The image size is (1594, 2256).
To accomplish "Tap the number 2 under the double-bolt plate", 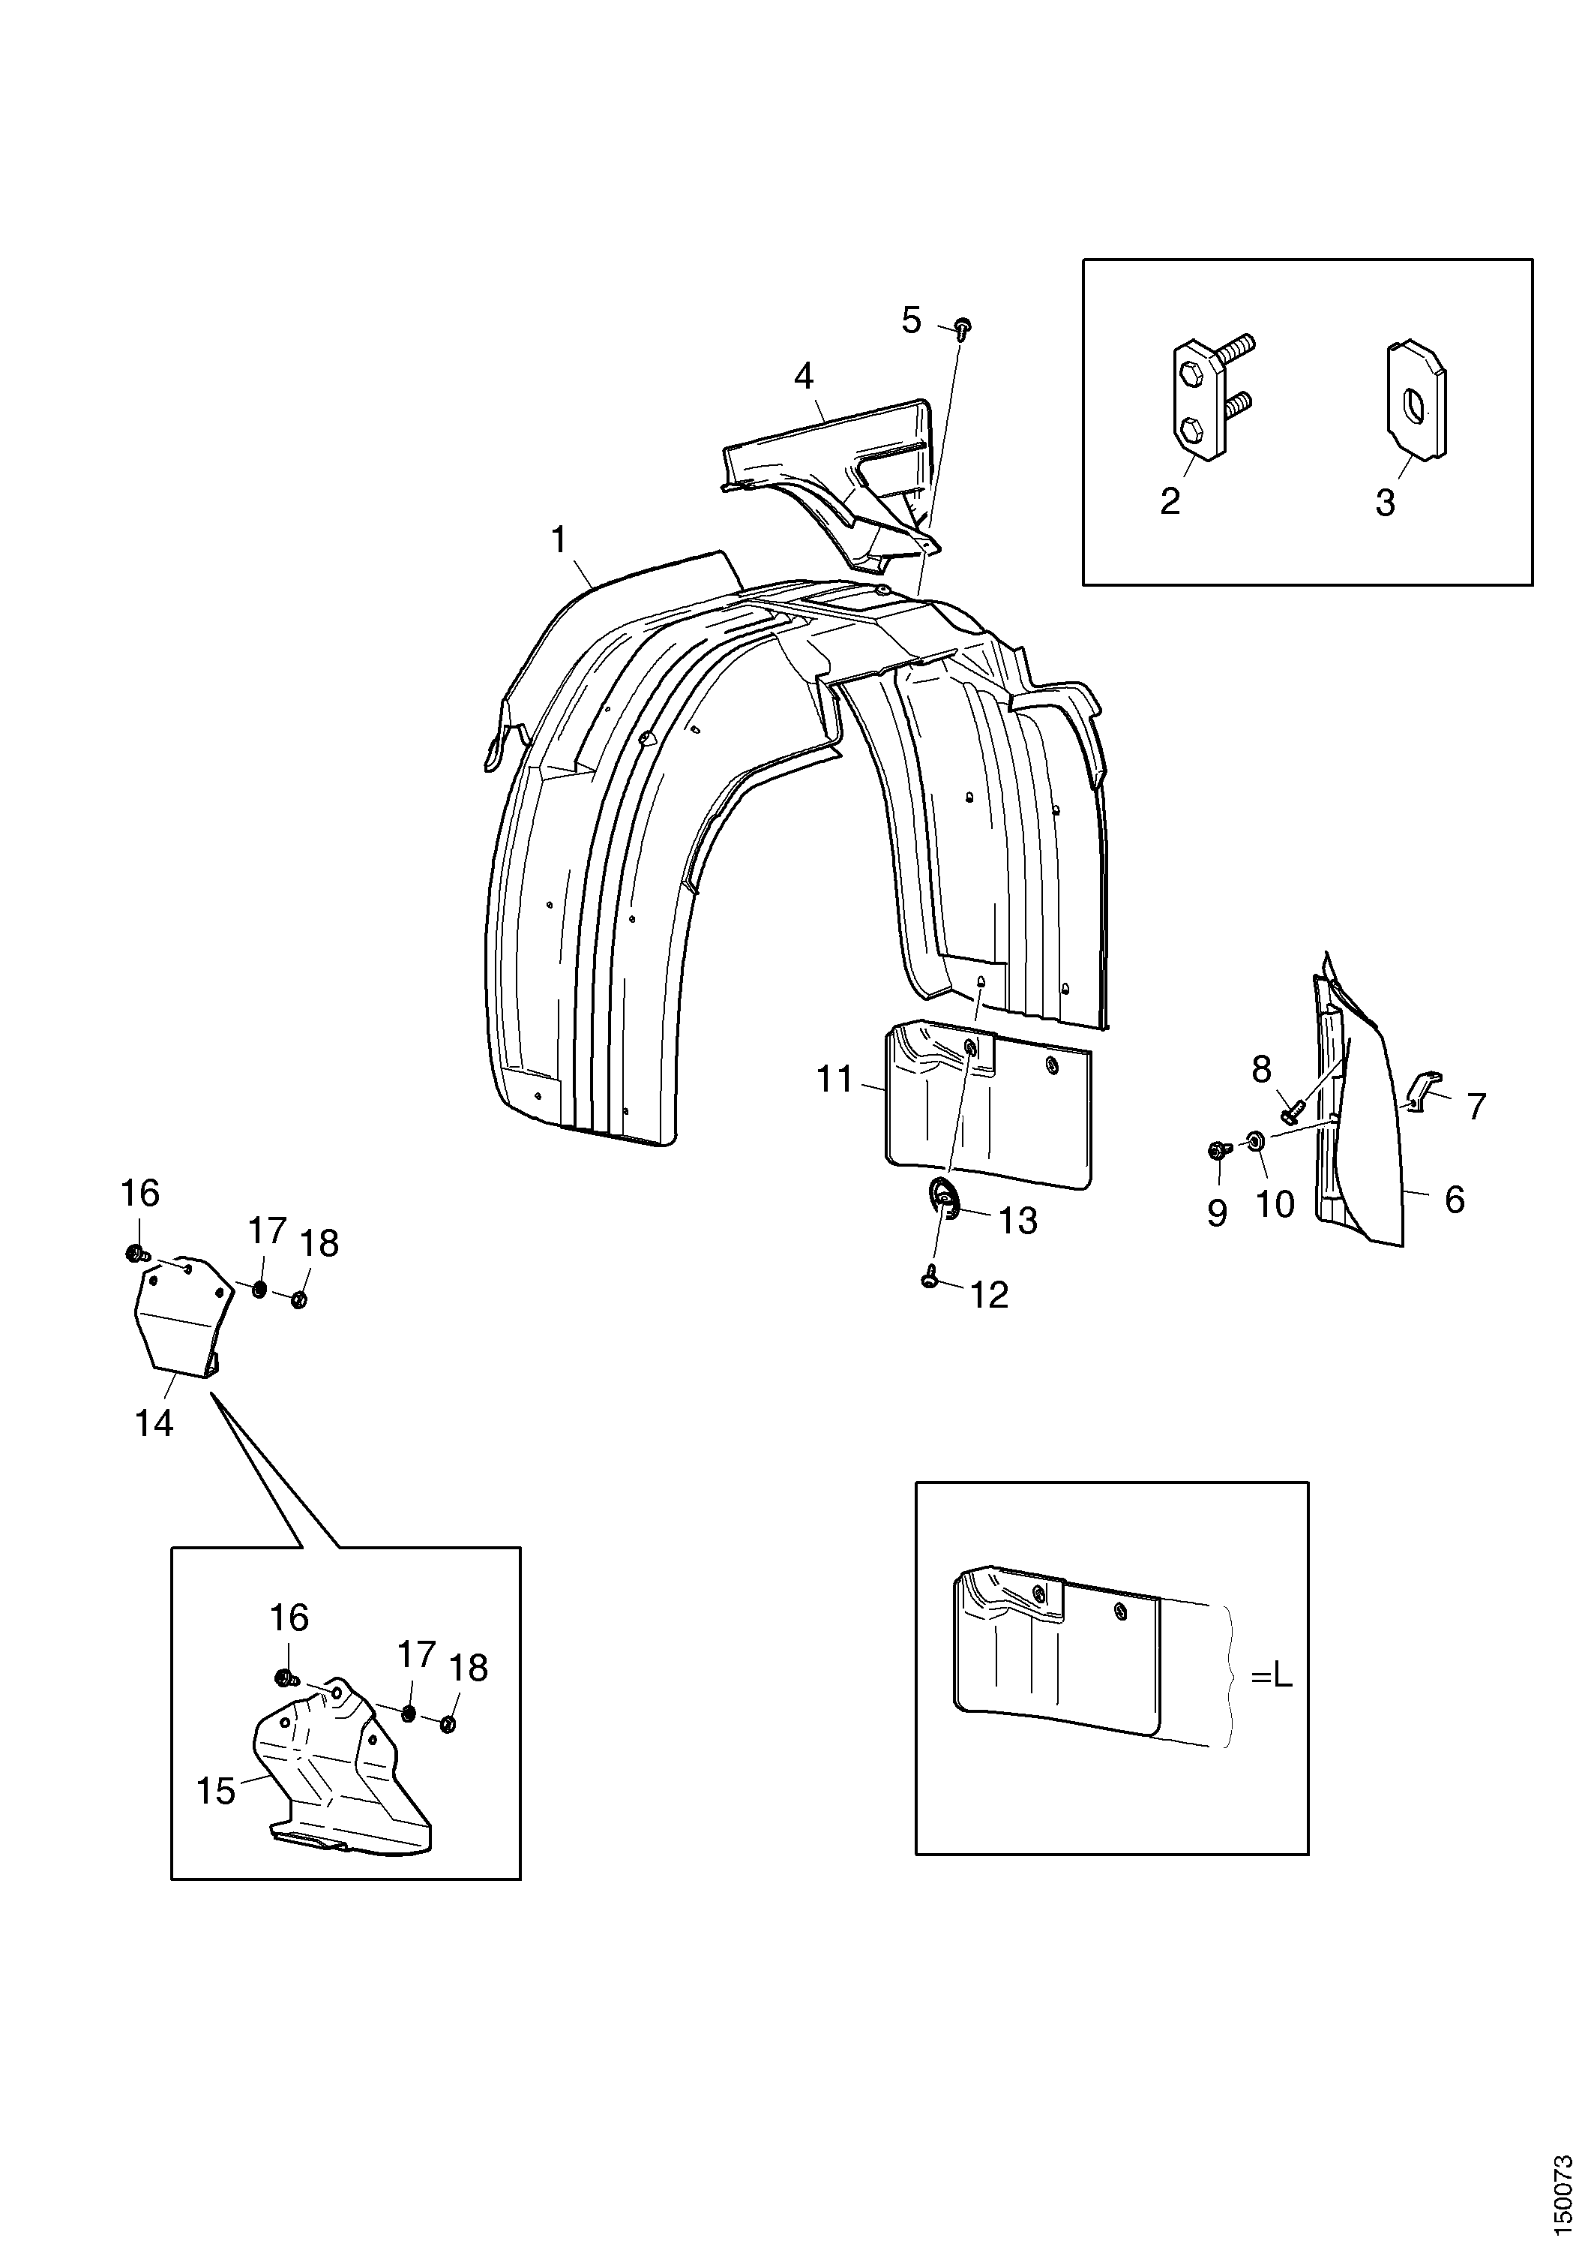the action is (x=1170, y=501).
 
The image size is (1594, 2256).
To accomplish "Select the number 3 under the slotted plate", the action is (x=1385, y=503).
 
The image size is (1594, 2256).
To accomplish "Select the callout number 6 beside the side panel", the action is (x=1455, y=1200).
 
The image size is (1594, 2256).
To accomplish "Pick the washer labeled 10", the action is (x=1254, y=1141).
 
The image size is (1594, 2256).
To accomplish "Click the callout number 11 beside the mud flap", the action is (x=834, y=1080).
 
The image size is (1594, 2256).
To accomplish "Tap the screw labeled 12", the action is (x=930, y=1278).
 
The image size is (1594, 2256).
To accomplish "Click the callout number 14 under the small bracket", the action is (x=154, y=1422).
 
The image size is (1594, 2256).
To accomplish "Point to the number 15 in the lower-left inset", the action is (x=216, y=1792).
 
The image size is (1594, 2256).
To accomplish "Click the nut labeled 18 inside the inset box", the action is (x=447, y=1724).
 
